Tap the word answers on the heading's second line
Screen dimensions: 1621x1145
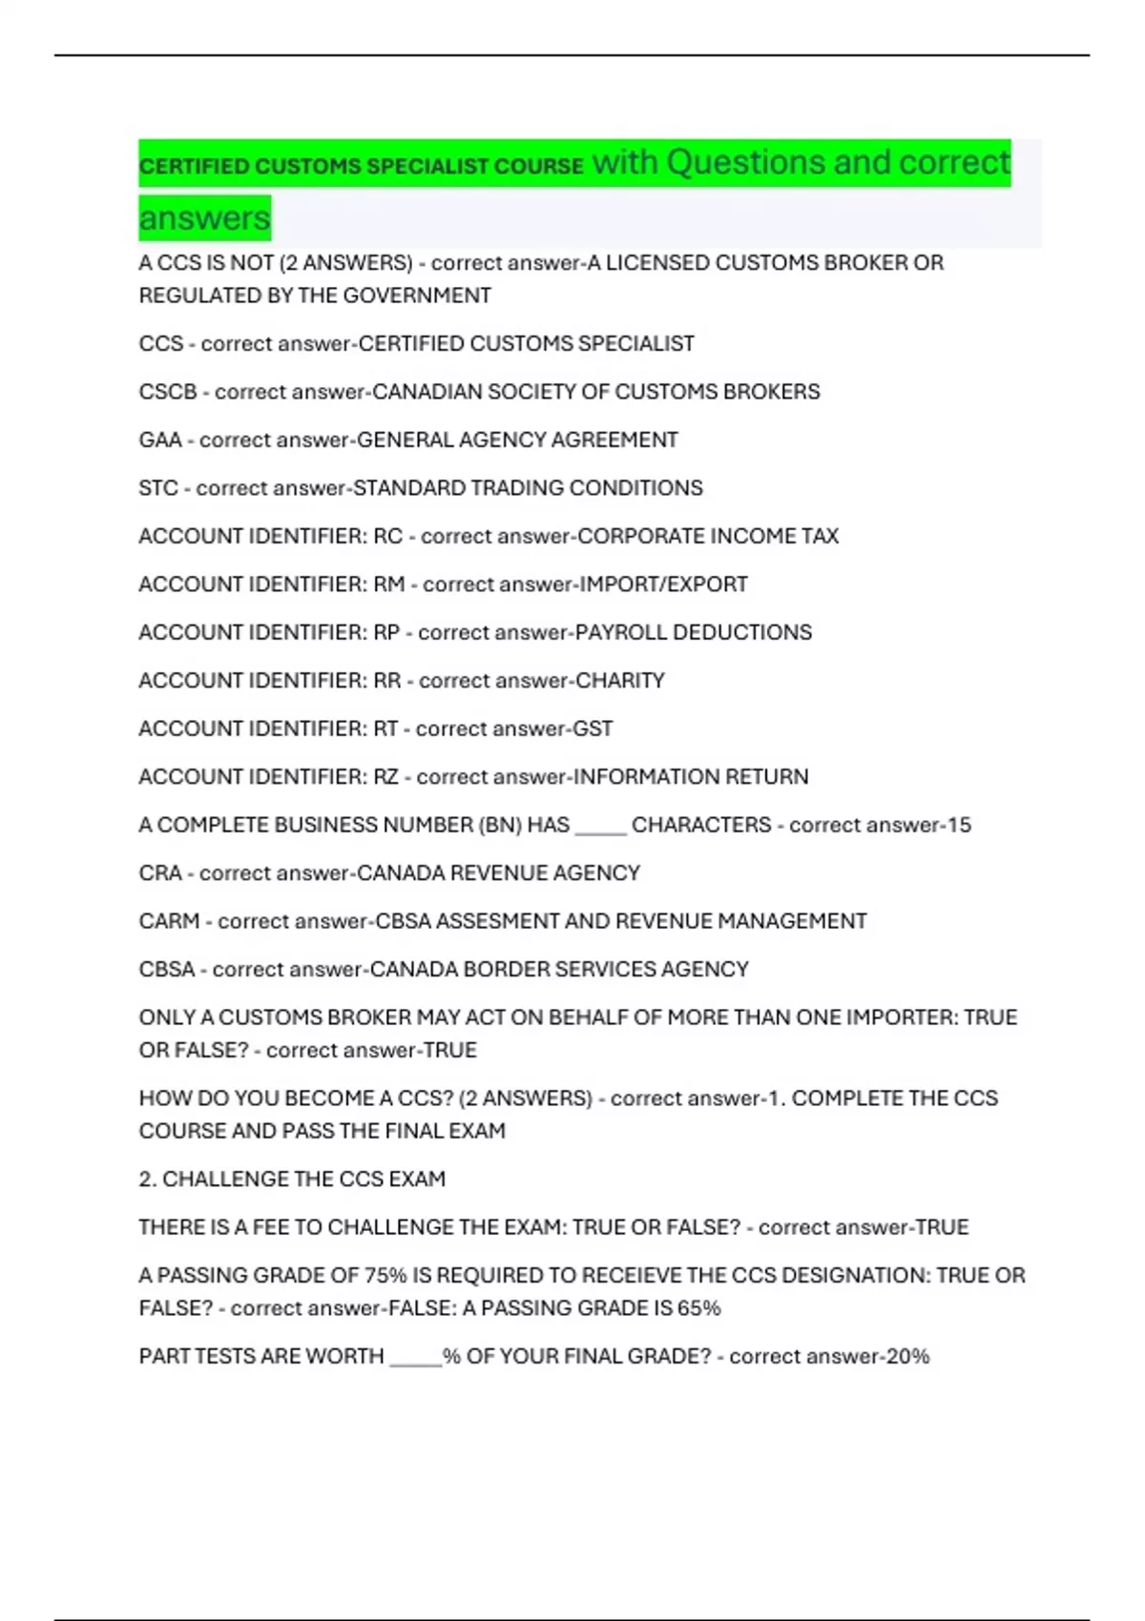click(x=204, y=218)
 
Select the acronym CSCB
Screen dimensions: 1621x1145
click(x=168, y=392)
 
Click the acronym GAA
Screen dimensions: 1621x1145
click(x=160, y=440)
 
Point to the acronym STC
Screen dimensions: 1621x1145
click(x=158, y=488)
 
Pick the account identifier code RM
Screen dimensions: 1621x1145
click(x=389, y=585)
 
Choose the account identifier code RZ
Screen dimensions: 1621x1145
click(x=385, y=777)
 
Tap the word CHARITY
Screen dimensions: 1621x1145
click(x=620, y=681)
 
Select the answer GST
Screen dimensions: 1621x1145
click(x=593, y=728)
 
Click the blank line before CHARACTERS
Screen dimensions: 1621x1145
click(x=601, y=830)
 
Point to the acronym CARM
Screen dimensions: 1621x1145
click(x=169, y=921)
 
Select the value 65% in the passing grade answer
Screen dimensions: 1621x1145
click(x=698, y=1308)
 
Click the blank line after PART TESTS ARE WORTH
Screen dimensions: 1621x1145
click(x=416, y=1362)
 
